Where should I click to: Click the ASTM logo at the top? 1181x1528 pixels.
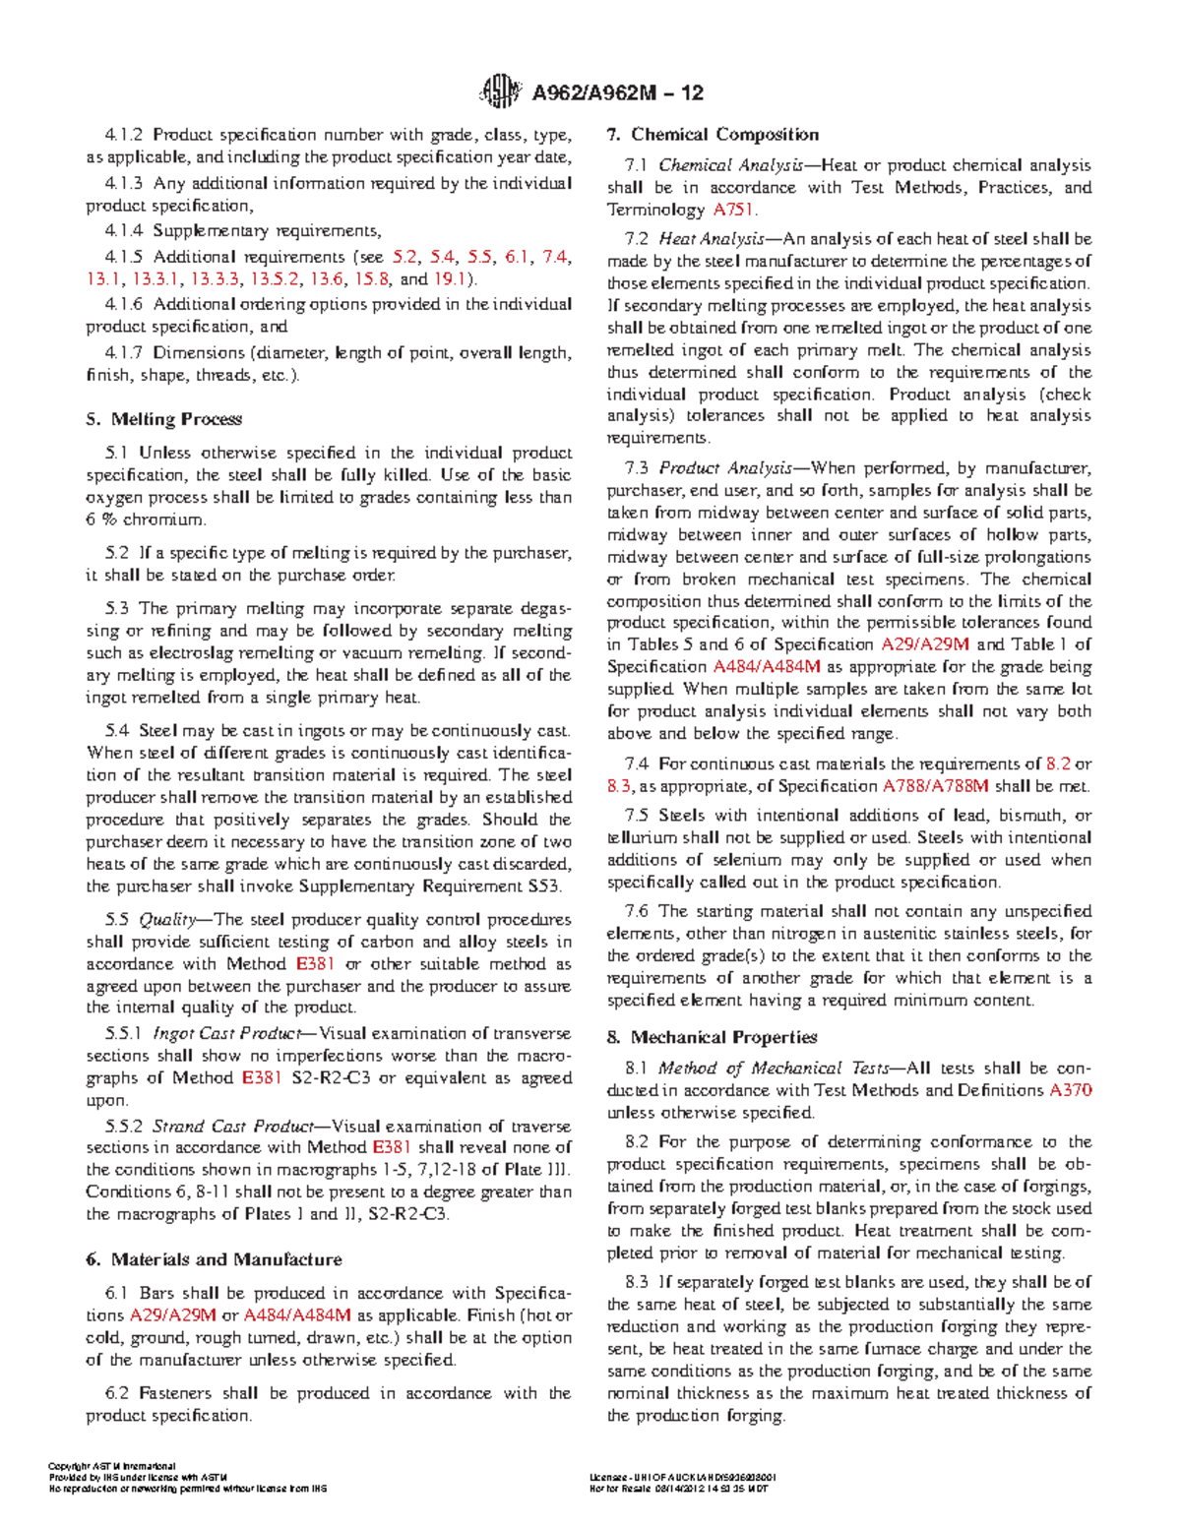click(x=499, y=92)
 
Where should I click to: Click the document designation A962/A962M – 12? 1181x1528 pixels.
click(x=617, y=93)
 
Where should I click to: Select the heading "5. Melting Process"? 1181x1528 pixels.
click(x=163, y=419)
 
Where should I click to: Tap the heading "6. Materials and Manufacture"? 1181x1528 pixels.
click(x=214, y=1259)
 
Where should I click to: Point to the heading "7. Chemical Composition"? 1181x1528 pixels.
click(x=713, y=135)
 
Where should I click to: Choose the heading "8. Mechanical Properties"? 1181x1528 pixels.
click(x=712, y=1037)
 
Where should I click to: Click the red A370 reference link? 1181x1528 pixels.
click(x=1071, y=1090)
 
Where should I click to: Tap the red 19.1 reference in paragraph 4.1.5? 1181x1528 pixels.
click(x=449, y=278)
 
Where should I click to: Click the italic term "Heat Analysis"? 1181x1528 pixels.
click(x=711, y=239)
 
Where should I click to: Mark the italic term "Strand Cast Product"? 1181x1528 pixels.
click(x=230, y=1127)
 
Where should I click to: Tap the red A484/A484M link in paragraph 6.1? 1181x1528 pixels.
click(x=297, y=1315)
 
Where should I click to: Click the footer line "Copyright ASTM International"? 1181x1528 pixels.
click(x=111, y=1466)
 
